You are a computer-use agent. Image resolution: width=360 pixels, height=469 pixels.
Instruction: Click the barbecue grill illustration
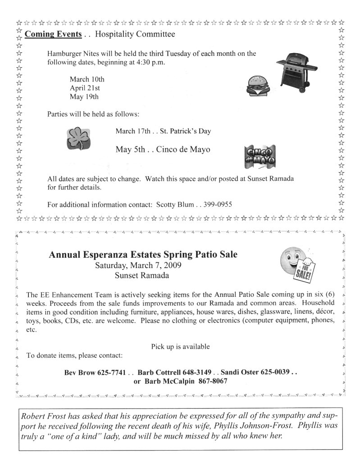(295, 69)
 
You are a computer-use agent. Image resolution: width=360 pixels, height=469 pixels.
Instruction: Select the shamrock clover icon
(79, 138)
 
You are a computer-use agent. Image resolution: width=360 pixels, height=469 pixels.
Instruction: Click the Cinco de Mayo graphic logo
(260, 156)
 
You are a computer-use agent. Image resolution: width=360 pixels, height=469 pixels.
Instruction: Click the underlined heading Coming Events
(53, 34)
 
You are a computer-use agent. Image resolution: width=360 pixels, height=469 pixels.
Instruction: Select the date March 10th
(87, 79)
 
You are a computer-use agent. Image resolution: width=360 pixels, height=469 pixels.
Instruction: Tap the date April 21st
(85, 88)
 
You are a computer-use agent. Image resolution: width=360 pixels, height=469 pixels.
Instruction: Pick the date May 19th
(84, 96)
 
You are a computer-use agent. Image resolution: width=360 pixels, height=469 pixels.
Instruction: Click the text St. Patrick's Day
(185, 131)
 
